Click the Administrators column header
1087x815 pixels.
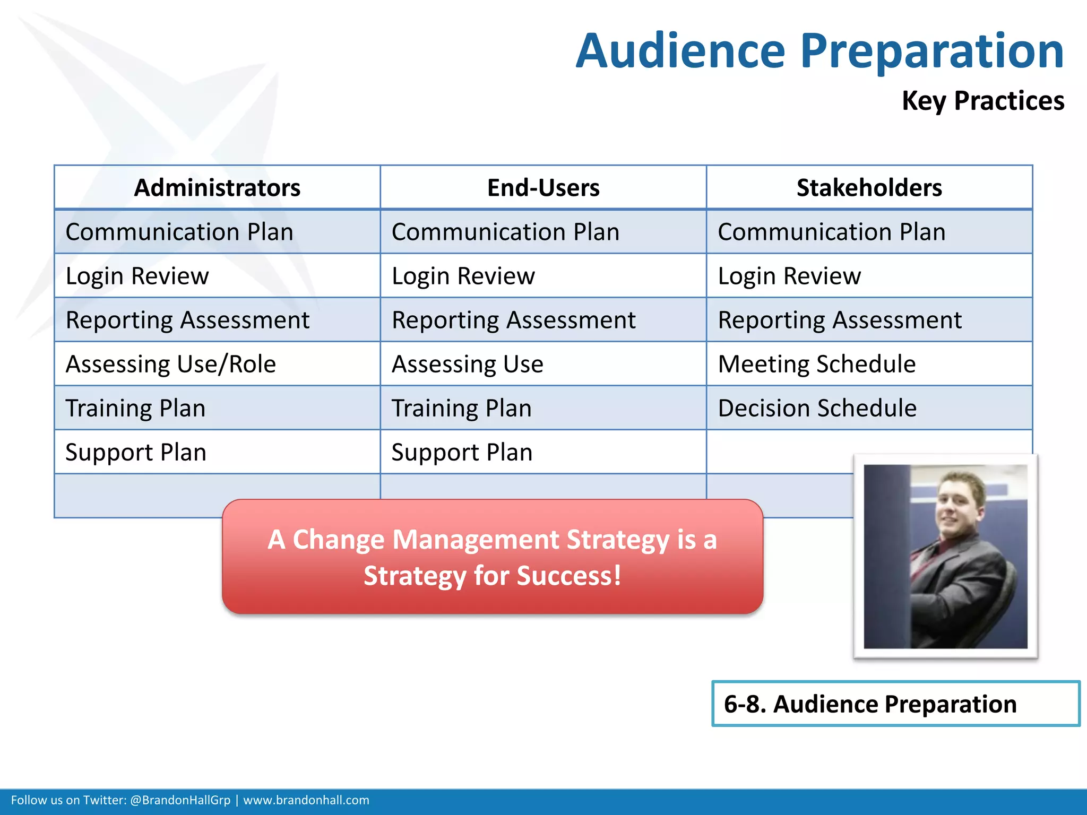pos(217,188)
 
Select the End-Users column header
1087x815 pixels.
pos(543,188)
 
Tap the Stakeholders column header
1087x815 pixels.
pos(869,188)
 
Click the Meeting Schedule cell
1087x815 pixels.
pos(816,364)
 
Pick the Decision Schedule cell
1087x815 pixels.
pos(817,408)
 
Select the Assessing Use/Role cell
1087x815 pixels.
pos(170,364)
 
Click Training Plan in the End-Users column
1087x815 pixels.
pos(461,408)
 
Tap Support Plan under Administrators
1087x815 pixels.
pos(136,452)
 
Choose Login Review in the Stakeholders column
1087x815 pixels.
pos(789,276)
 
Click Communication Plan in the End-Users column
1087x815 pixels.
pos(505,232)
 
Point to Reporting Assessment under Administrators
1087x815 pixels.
pos(187,320)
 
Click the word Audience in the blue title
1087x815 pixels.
pos(680,51)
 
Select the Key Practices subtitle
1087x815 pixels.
pos(982,101)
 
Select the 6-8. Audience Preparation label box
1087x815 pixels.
pos(895,704)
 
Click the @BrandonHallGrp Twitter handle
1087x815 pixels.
pos(180,800)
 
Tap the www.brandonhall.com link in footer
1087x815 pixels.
pos(306,800)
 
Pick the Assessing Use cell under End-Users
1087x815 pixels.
pos(467,364)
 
